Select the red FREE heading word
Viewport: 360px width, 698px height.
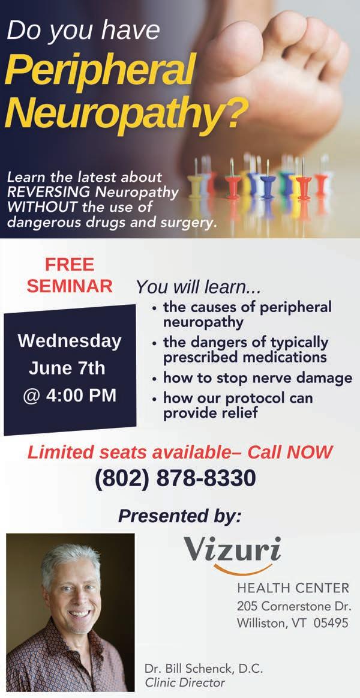[70, 265]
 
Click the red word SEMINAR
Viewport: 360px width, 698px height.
[70, 286]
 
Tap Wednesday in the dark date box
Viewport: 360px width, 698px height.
[70, 341]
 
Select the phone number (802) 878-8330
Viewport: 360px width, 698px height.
[175, 479]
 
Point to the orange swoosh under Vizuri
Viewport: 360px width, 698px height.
[242, 570]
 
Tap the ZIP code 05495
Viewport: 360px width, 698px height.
[331, 623]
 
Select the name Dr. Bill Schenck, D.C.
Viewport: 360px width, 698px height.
[203, 669]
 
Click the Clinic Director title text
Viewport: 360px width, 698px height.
[185, 682]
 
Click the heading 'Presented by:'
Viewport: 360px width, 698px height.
[180, 516]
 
